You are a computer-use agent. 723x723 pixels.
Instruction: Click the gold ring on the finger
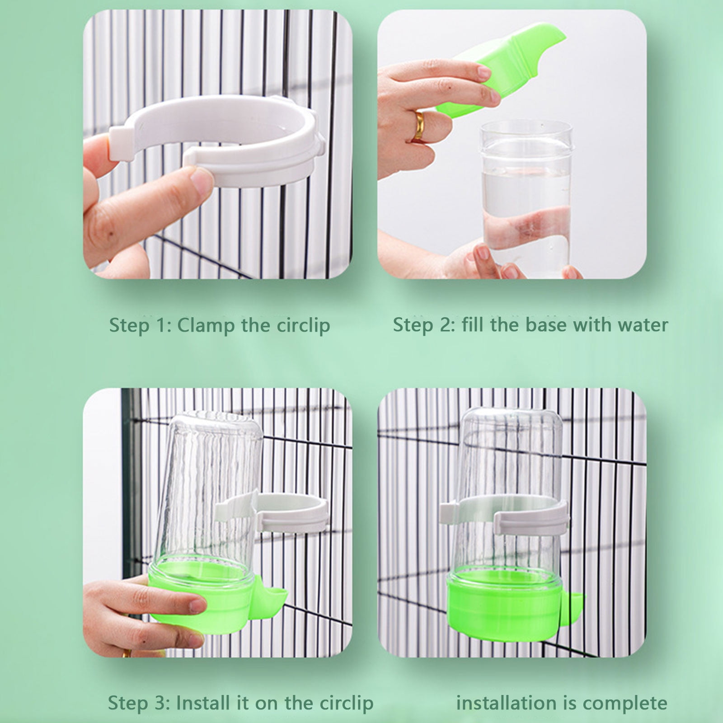coord(419,126)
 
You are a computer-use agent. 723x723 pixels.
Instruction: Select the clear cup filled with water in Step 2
coord(524,199)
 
